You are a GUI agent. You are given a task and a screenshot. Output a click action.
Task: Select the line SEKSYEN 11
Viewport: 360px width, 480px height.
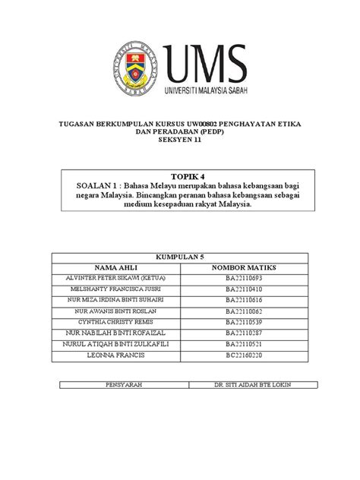point(180,140)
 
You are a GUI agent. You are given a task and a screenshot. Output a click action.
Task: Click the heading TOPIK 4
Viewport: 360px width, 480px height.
point(180,175)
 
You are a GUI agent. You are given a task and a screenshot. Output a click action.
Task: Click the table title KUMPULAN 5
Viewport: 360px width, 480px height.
point(180,257)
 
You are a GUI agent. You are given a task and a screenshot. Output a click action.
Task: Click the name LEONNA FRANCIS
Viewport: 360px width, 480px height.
point(115,354)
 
